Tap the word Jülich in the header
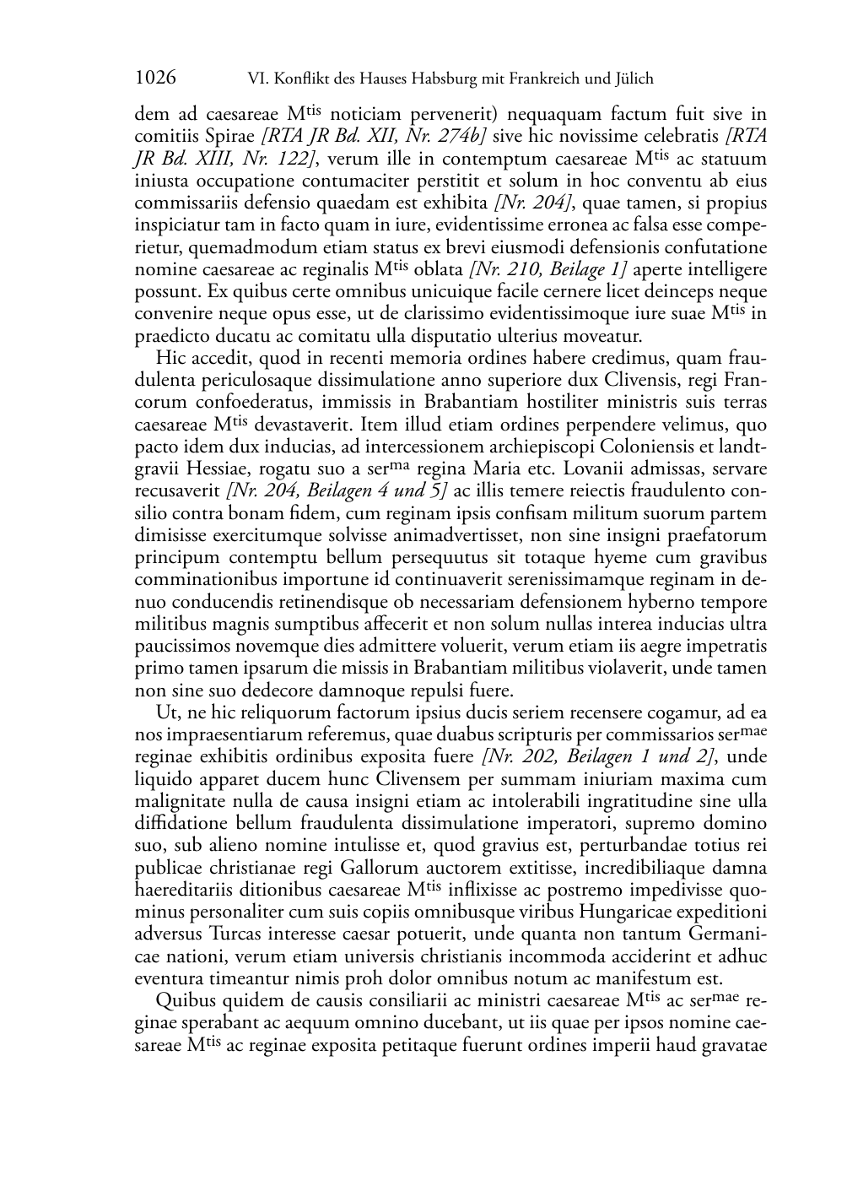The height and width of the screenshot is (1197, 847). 633,79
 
